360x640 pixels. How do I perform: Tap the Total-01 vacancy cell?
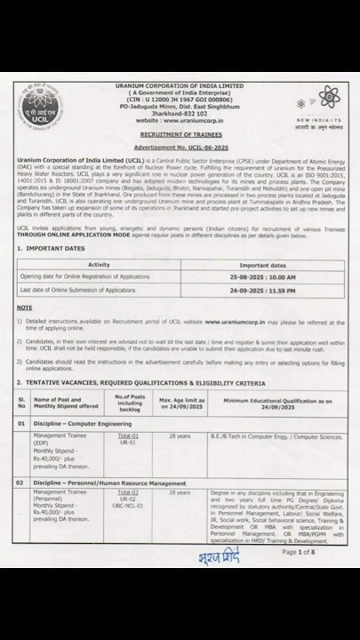(129, 436)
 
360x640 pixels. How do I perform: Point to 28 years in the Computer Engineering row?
(180, 436)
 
